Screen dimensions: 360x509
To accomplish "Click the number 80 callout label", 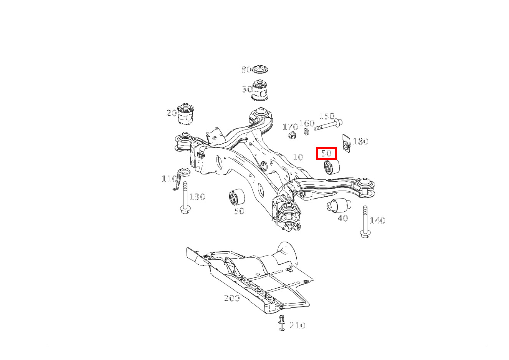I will pos(246,70).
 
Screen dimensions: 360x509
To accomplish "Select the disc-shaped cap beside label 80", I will pos(260,70).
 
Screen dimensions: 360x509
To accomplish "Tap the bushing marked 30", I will pos(260,90).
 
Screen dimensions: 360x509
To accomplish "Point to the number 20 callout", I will pos(171,113).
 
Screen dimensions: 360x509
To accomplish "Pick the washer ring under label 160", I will pos(306,132).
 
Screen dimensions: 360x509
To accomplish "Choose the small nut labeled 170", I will pos(292,135).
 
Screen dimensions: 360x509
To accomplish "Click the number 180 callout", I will pos(360,141).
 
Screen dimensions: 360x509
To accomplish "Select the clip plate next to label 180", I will pos(346,144).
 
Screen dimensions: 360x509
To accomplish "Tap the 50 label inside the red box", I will pos(326,153).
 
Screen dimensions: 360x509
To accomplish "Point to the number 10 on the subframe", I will pos(298,157).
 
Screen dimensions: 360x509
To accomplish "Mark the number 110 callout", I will pos(169,179).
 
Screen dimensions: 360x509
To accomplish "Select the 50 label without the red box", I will pos(239,211).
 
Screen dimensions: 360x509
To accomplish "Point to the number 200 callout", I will pos(232,298).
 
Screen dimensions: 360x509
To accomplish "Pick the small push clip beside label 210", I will pos(282,323).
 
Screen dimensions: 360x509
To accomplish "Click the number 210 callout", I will pos(297,325).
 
